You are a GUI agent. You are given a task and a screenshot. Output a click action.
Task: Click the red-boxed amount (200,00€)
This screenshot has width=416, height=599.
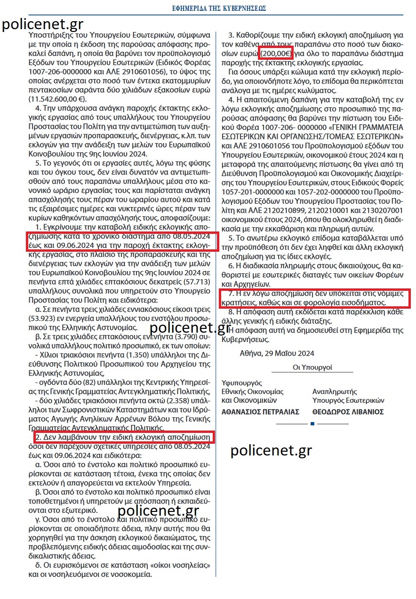pyautogui.click(x=276, y=53)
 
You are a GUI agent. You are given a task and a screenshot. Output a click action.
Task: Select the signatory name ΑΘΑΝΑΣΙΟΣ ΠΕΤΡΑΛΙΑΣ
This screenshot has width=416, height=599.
pyautogui.click(x=260, y=412)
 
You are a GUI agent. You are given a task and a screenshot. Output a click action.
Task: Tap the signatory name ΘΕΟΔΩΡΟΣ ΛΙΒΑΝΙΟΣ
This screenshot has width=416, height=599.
pyautogui.click(x=348, y=412)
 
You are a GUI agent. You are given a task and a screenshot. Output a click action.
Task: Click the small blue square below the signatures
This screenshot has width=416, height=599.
pyautogui.click(x=312, y=424)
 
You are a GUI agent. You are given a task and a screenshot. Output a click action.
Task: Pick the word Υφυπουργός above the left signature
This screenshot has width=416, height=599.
pyautogui.click(x=241, y=383)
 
